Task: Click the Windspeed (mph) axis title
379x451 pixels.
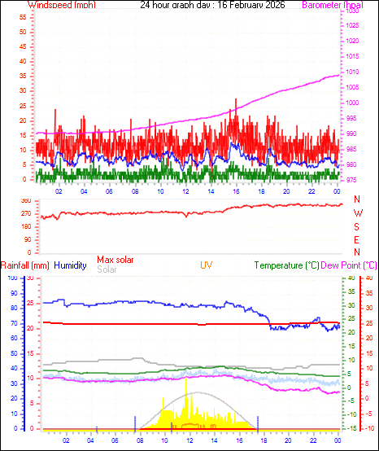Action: click(62, 5)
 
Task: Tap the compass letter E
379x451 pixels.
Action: click(357, 240)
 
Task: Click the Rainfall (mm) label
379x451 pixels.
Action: click(24, 265)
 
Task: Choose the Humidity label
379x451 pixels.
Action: click(70, 265)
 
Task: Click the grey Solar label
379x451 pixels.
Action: click(107, 269)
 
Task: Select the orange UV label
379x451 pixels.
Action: click(207, 265)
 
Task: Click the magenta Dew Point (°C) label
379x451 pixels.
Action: click(349, 265)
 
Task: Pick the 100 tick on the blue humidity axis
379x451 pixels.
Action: click(11, 278)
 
